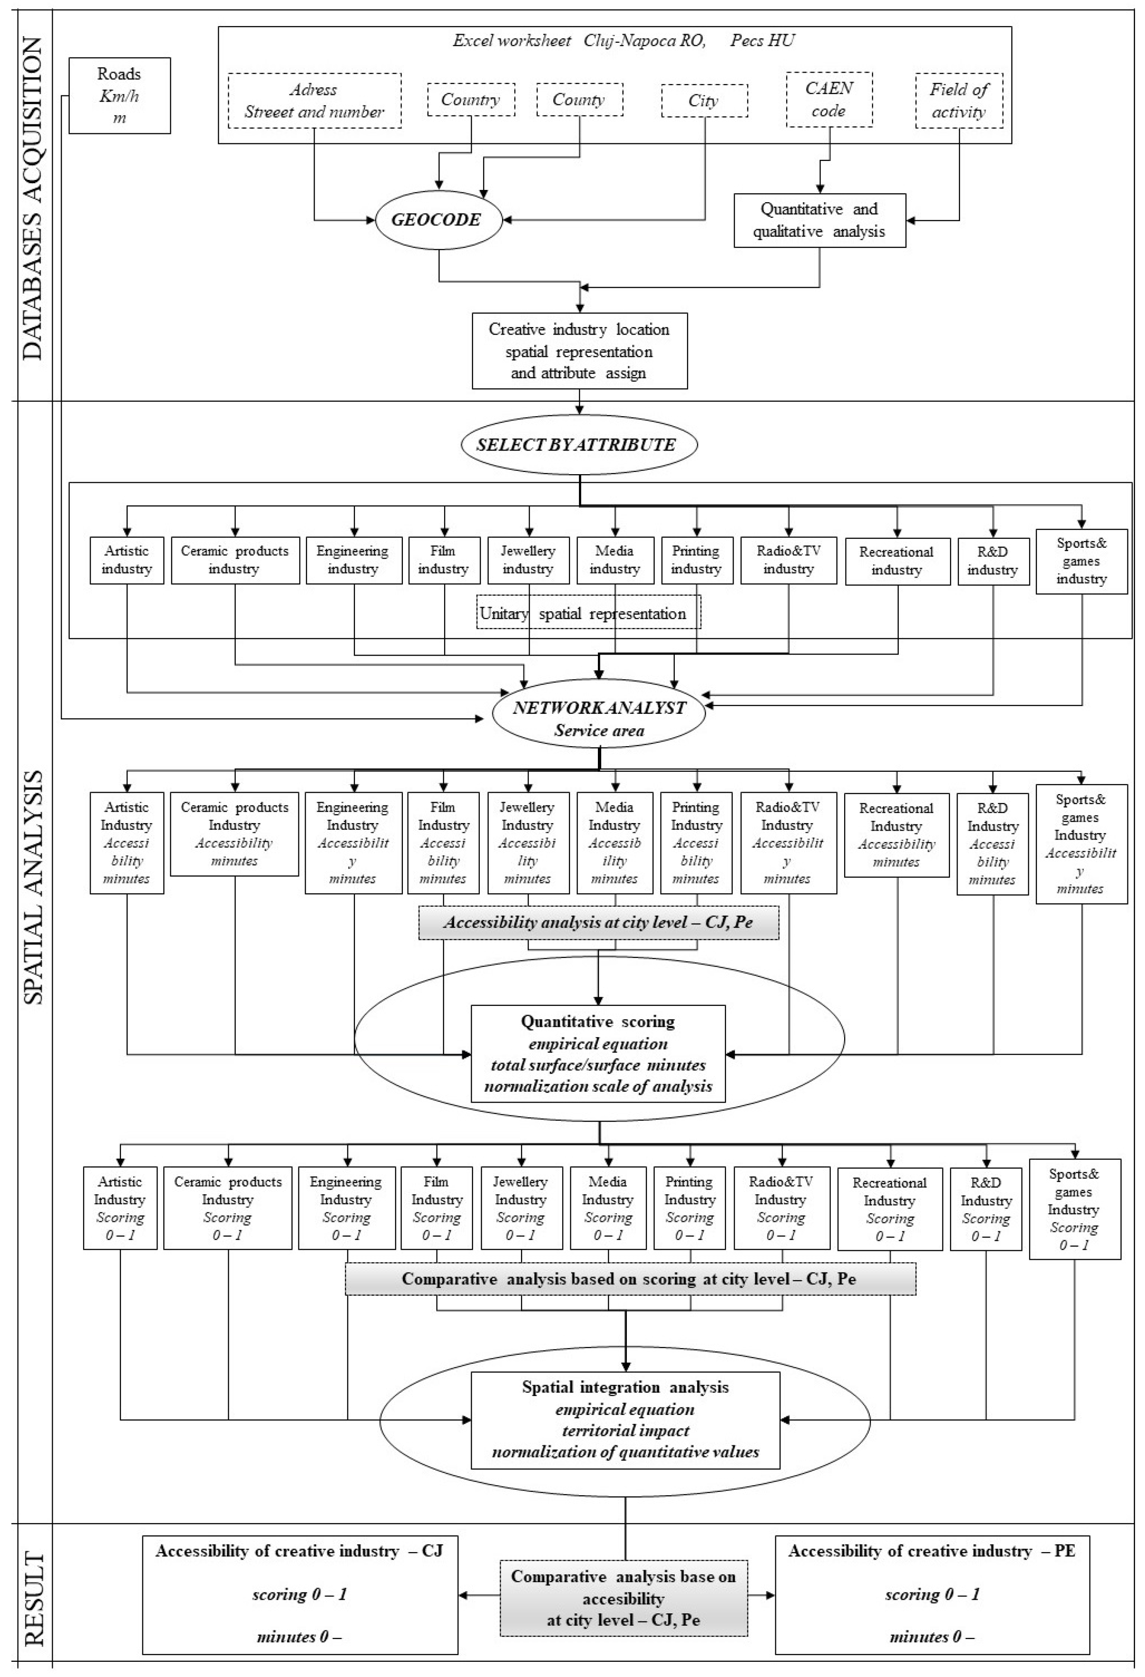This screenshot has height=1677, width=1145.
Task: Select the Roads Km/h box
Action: (120, 96)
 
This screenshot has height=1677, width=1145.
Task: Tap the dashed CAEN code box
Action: (829, 100)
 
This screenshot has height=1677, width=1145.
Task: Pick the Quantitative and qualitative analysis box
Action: (819, 221)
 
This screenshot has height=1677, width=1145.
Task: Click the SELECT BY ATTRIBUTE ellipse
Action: (578, 444)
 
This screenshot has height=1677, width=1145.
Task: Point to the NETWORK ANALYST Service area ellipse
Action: (599, 719)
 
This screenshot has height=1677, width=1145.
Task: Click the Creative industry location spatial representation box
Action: (579, 351)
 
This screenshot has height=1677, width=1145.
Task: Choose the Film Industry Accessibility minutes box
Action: (443, 843)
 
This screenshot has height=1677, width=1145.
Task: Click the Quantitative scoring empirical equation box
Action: (597, 1054)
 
